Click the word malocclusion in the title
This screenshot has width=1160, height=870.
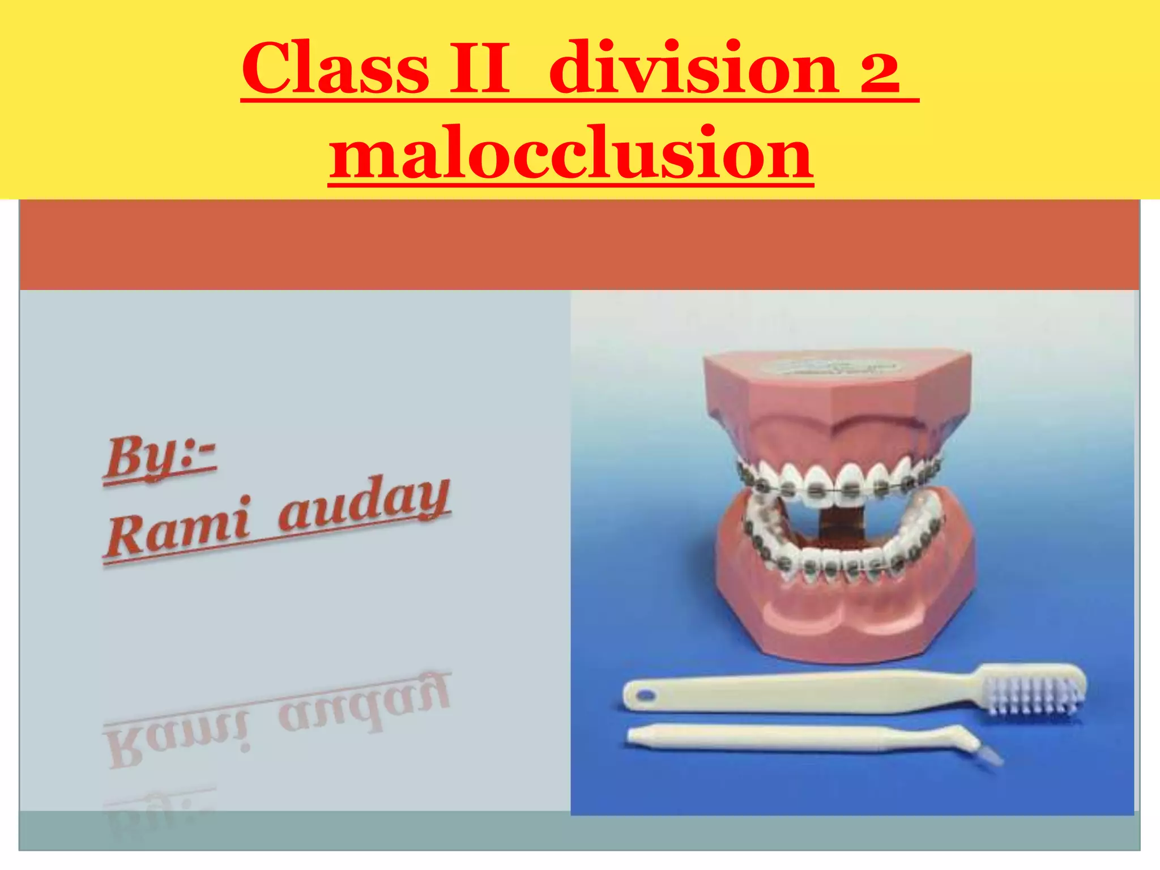571,153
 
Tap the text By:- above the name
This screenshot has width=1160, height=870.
160,459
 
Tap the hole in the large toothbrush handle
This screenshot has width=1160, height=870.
645,694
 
